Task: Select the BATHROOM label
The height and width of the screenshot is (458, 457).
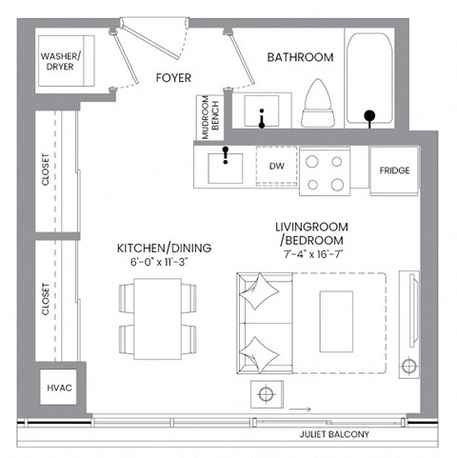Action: tap(300, 58)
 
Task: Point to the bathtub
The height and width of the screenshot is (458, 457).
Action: tap(368, 81)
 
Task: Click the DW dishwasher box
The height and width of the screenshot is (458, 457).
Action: tap(277, 167)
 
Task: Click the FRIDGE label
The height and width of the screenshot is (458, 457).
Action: tap(394, 171)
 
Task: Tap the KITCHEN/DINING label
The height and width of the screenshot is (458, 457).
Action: tap(164, 248)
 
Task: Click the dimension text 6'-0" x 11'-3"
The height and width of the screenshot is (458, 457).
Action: tap(164, 262)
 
